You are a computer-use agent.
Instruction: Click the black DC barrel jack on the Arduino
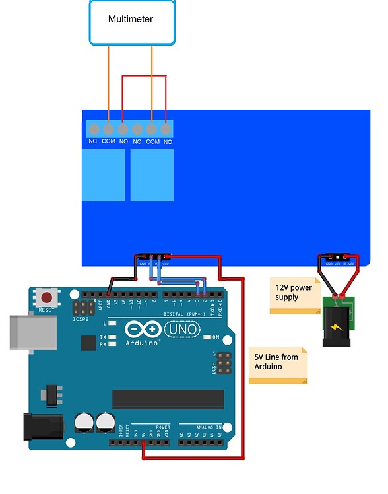click(x=44, y=426)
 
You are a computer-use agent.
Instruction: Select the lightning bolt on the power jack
click(x=339, y=326)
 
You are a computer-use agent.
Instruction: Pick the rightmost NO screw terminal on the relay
click(x=166, y=129)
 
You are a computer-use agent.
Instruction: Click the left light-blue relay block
click(x=103, y=175)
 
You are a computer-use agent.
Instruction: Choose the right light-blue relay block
click(x=152, y=175)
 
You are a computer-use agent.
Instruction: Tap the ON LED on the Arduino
click(x=207, y=337)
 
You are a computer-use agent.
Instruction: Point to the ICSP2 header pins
click(x=84, y=308)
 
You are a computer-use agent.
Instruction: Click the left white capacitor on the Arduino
click(x=84, y=422)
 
